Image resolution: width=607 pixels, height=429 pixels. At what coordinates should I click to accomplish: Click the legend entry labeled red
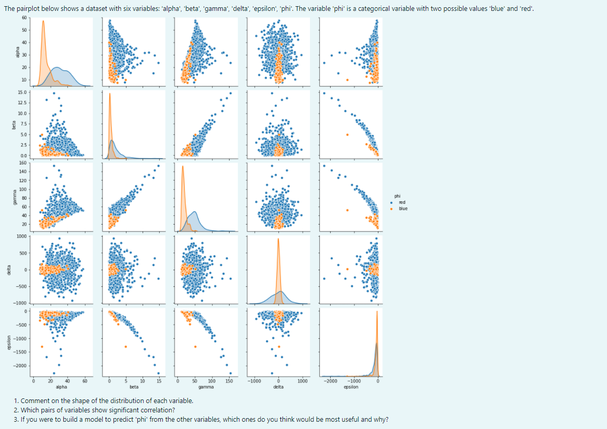(402, 202)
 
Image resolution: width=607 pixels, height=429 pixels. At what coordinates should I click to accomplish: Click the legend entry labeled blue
(403, 209)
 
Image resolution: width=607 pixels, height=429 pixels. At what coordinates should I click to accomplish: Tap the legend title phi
(397, 196)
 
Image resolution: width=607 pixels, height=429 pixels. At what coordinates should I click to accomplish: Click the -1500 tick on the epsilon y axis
(20, 352)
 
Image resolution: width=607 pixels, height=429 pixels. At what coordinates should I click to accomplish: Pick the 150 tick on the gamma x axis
(229, 381)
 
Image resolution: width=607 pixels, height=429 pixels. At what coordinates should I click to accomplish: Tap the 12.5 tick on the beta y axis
(22, 103)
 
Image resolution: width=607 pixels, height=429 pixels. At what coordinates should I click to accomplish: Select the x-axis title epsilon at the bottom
(351, 387)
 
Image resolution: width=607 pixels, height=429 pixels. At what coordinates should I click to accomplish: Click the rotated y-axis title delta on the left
(8, 270)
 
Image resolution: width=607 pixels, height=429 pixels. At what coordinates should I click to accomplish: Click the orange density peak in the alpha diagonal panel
(43, 21)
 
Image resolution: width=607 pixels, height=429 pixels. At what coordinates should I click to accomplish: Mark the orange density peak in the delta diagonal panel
(278, 239)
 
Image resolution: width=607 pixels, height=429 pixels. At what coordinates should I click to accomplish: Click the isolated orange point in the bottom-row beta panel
(125, 346)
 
